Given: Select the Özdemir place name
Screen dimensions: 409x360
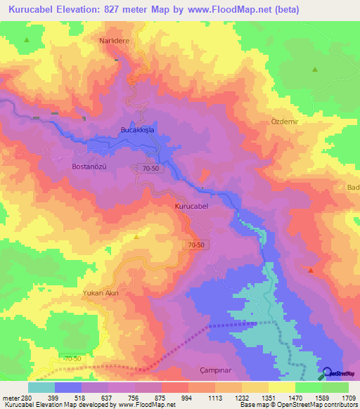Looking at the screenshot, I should (285, 121).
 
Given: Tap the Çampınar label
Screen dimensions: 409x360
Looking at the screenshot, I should (211, 370).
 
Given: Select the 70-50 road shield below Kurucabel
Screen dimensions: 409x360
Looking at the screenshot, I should (197, 245).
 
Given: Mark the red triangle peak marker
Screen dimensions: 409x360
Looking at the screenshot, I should (311, 270).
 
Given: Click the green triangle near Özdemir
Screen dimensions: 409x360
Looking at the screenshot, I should (315, 69).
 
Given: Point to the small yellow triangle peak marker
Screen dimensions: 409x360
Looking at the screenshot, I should (136, 237).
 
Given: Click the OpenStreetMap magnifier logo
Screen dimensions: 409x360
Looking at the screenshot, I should (326, 373).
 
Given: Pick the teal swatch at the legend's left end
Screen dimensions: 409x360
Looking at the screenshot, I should (41, 387).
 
